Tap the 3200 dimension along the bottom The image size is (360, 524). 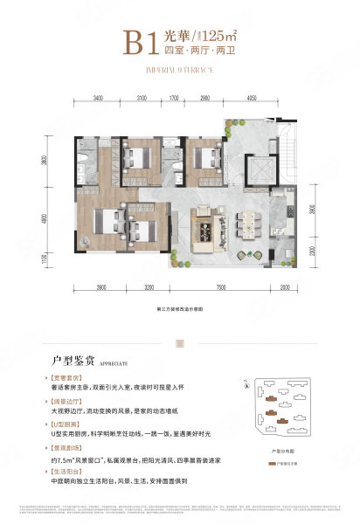tap(149, 287)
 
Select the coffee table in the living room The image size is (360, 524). tap(208, 231)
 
